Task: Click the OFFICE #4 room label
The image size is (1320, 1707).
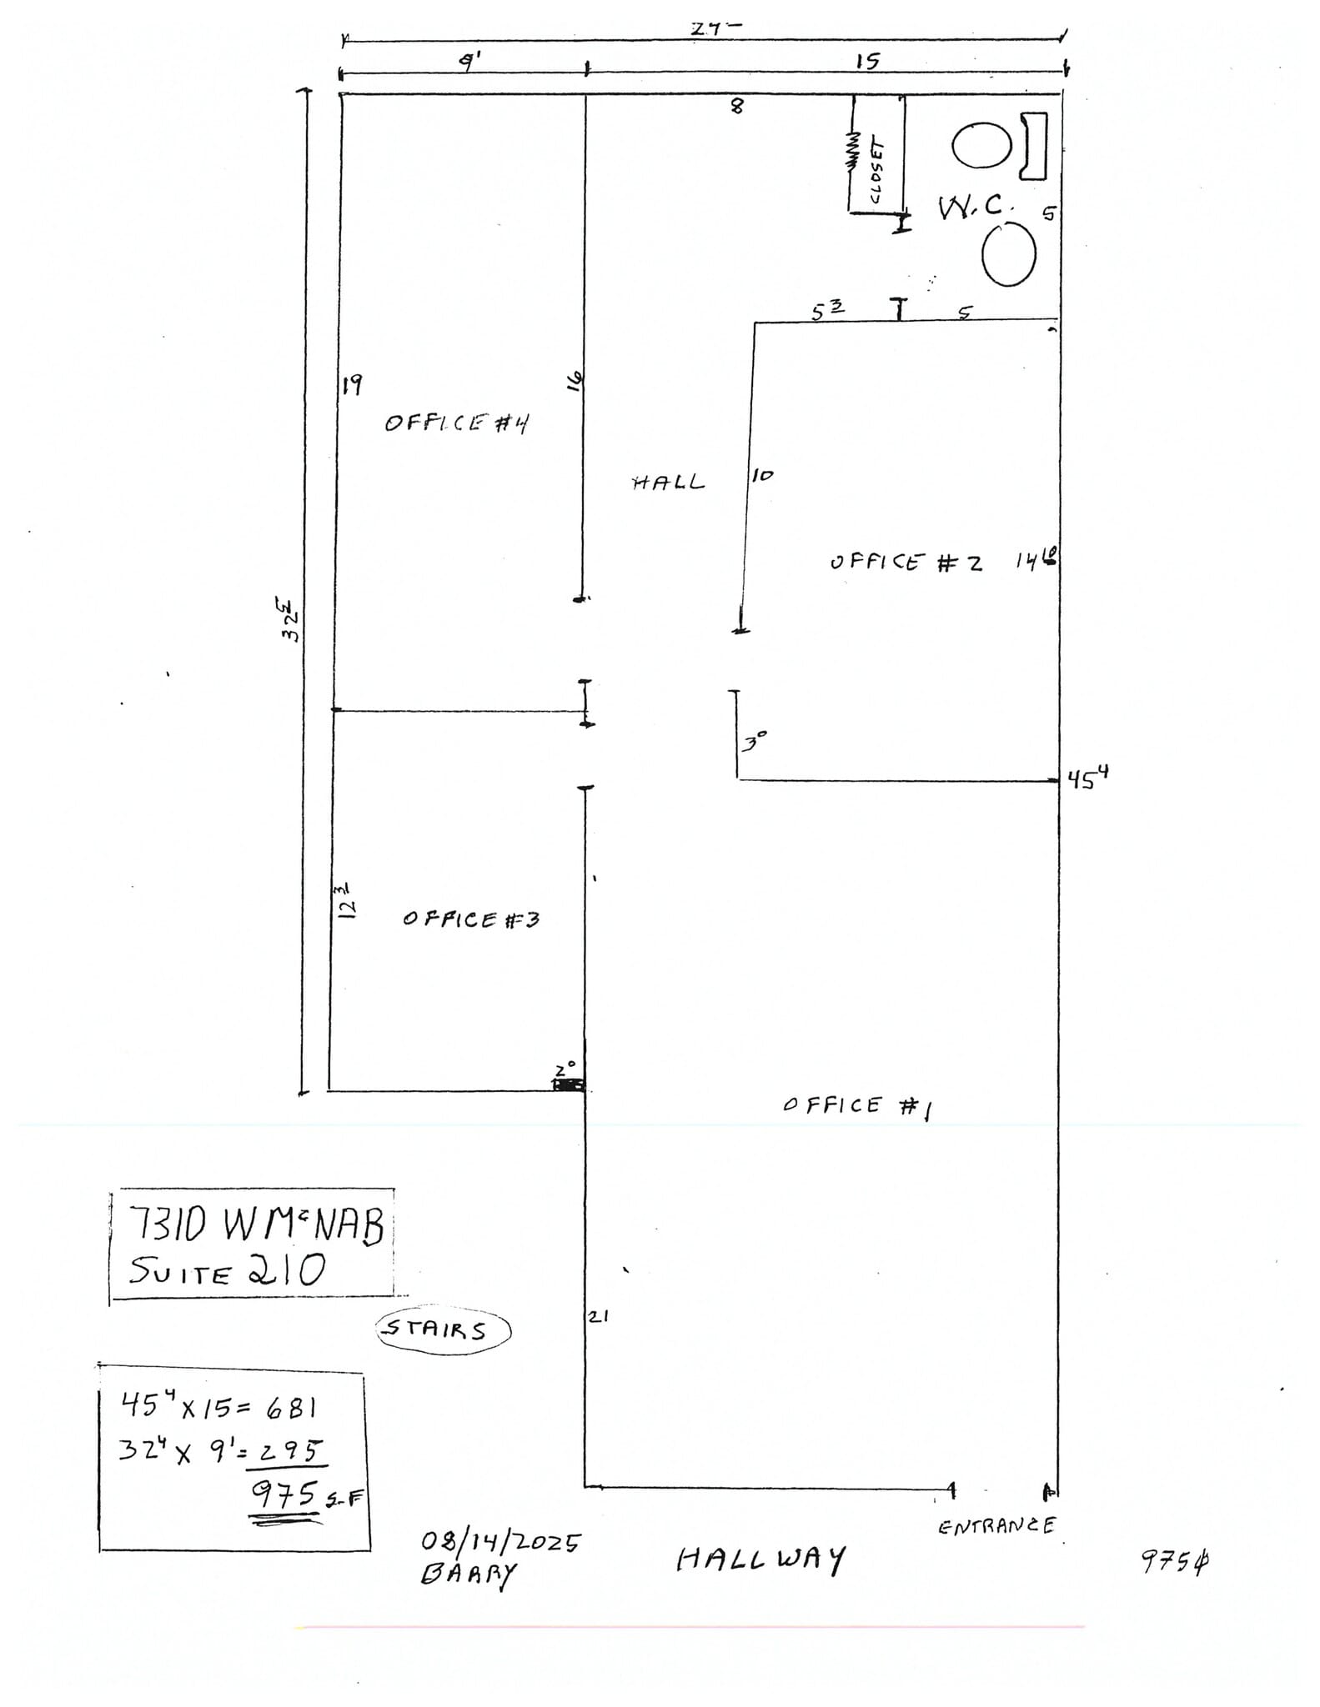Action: (x=456, y=423)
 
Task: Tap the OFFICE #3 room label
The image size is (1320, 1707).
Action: (x=471, y=919)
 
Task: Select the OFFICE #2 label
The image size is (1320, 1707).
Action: (x=906, y=563)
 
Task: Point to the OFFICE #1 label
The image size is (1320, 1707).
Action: (x=858, y=1106)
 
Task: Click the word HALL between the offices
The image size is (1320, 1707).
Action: (x=668, y=483)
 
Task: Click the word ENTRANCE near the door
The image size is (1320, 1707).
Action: (x=996, y=1526)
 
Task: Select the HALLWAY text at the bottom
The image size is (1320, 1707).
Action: (x=760, y=1559)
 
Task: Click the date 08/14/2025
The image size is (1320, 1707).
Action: (x=500, y=1542)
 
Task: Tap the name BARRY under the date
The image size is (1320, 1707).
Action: (x=469, y=1574)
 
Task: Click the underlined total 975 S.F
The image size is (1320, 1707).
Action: (x=288, y=1495)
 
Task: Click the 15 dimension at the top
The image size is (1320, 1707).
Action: (x=867, y=61)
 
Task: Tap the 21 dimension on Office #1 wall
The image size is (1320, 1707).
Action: (x=599, y=1317)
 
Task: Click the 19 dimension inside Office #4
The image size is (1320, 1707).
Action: (x=353, y=385)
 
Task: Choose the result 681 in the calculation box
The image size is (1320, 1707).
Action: (x=291, y=1408)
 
